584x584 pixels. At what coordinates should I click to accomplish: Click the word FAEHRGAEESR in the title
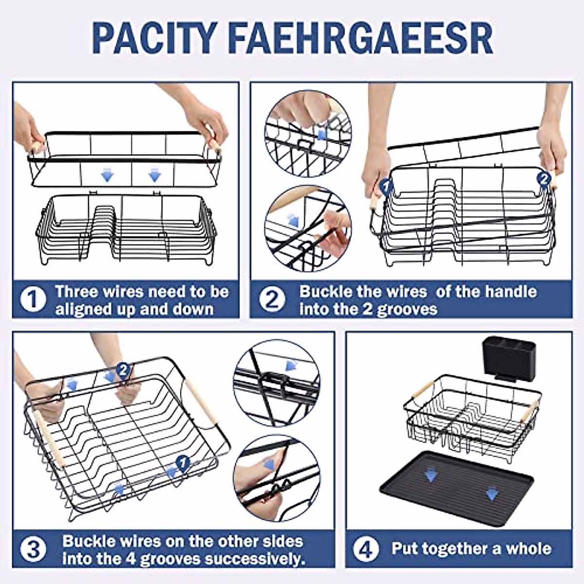[x=360, y=38]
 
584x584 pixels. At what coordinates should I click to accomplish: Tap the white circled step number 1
[x=33, y=299]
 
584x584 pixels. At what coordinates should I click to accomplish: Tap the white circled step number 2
[x=273, y=299]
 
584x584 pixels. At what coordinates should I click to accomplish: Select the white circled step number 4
[x=366, y=549]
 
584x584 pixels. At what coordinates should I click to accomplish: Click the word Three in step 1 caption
[x=77, y=291]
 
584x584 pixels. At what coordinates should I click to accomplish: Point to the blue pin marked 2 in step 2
[x=544, y=180]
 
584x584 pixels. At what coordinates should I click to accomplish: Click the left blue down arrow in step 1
[x=107, y=175]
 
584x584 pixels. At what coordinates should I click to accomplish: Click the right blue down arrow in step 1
[x=155, y=175]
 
